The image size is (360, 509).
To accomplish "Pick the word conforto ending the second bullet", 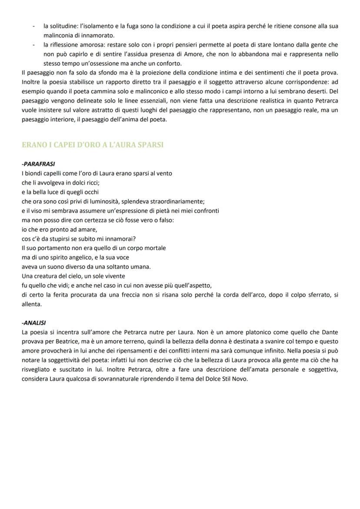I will point(169,63).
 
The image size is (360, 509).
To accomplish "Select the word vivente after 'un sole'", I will point(114,276).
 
